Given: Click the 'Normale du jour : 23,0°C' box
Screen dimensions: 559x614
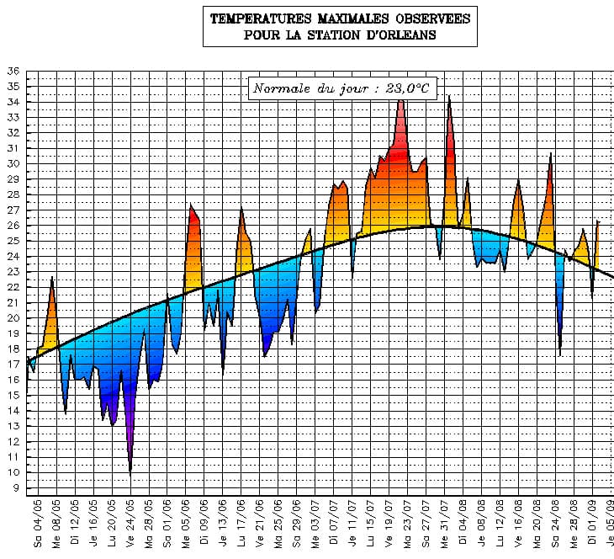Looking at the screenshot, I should pos(342,88).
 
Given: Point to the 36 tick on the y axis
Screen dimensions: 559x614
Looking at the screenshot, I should pos(13,72).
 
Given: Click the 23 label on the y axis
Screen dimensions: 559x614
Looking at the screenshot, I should pos(13,272).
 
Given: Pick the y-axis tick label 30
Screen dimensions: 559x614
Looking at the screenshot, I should pos(13,164).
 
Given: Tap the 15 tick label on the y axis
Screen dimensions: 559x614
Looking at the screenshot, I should pos(13,395).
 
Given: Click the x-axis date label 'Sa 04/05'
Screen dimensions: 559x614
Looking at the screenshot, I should pos(38,523).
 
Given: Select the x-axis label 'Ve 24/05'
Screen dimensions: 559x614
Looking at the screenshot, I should pos(130,523).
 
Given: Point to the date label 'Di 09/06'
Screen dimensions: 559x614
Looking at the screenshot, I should pos(204,523).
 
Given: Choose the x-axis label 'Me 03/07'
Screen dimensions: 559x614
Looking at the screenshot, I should pos(315,523).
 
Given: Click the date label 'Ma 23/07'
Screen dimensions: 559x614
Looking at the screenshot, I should pos(408,523).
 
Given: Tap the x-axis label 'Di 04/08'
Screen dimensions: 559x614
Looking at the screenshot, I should pos(463,523).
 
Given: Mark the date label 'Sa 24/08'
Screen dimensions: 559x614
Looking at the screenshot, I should pos(556,523).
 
